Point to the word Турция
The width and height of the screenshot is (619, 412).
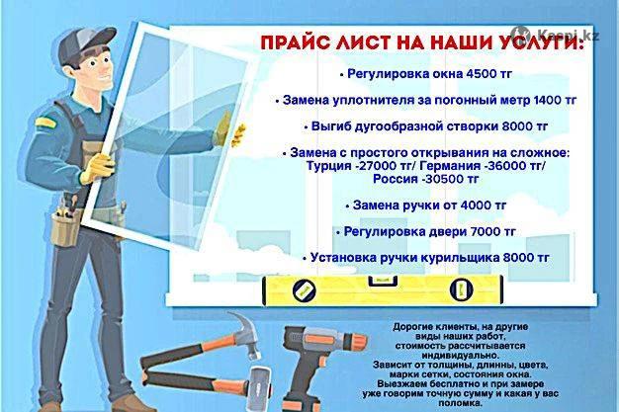point(329,166)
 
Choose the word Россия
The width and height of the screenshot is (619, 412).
point(396,179)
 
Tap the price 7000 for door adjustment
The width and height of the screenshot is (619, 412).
point(485,231)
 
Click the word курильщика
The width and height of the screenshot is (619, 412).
point(459,258)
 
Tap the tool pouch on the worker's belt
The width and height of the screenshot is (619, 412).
point(65,227)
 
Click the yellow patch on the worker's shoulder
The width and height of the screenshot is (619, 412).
point(45,122)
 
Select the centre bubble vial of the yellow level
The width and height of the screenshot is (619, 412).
point(382,281)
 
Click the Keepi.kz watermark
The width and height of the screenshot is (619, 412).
point(556,34)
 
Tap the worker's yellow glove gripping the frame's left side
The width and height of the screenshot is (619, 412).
point(96,168)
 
